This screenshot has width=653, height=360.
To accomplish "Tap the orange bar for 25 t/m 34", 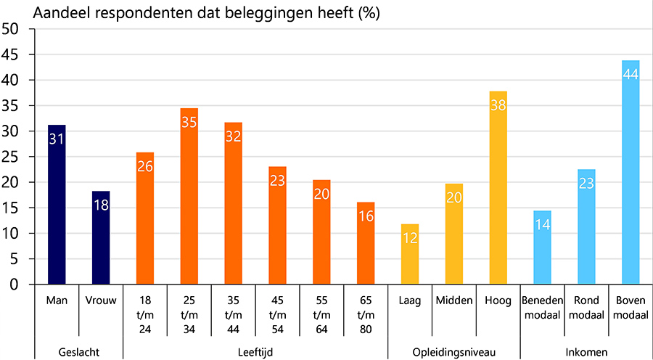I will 189,197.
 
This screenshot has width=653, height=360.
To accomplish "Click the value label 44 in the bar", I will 631,75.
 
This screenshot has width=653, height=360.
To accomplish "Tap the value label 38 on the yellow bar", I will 498,105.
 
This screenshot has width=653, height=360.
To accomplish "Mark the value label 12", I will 410,238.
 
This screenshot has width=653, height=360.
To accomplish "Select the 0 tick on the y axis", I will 15,285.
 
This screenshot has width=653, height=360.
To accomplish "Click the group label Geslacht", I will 78,352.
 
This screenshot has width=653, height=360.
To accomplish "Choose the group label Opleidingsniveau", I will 454,352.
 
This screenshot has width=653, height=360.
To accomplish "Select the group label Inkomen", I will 586,352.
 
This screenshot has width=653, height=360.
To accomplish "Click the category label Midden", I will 453,300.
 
